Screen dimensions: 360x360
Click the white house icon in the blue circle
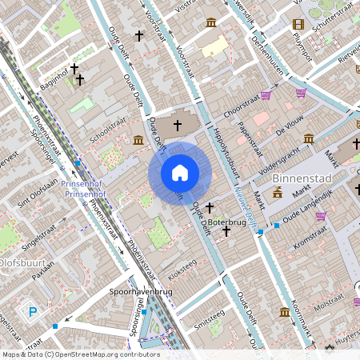[180, 173]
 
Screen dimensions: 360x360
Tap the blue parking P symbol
[33, 311]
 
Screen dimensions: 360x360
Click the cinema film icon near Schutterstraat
[298, 24]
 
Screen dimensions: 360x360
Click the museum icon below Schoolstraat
[138, 141]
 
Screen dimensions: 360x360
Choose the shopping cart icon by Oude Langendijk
[321, 215]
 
